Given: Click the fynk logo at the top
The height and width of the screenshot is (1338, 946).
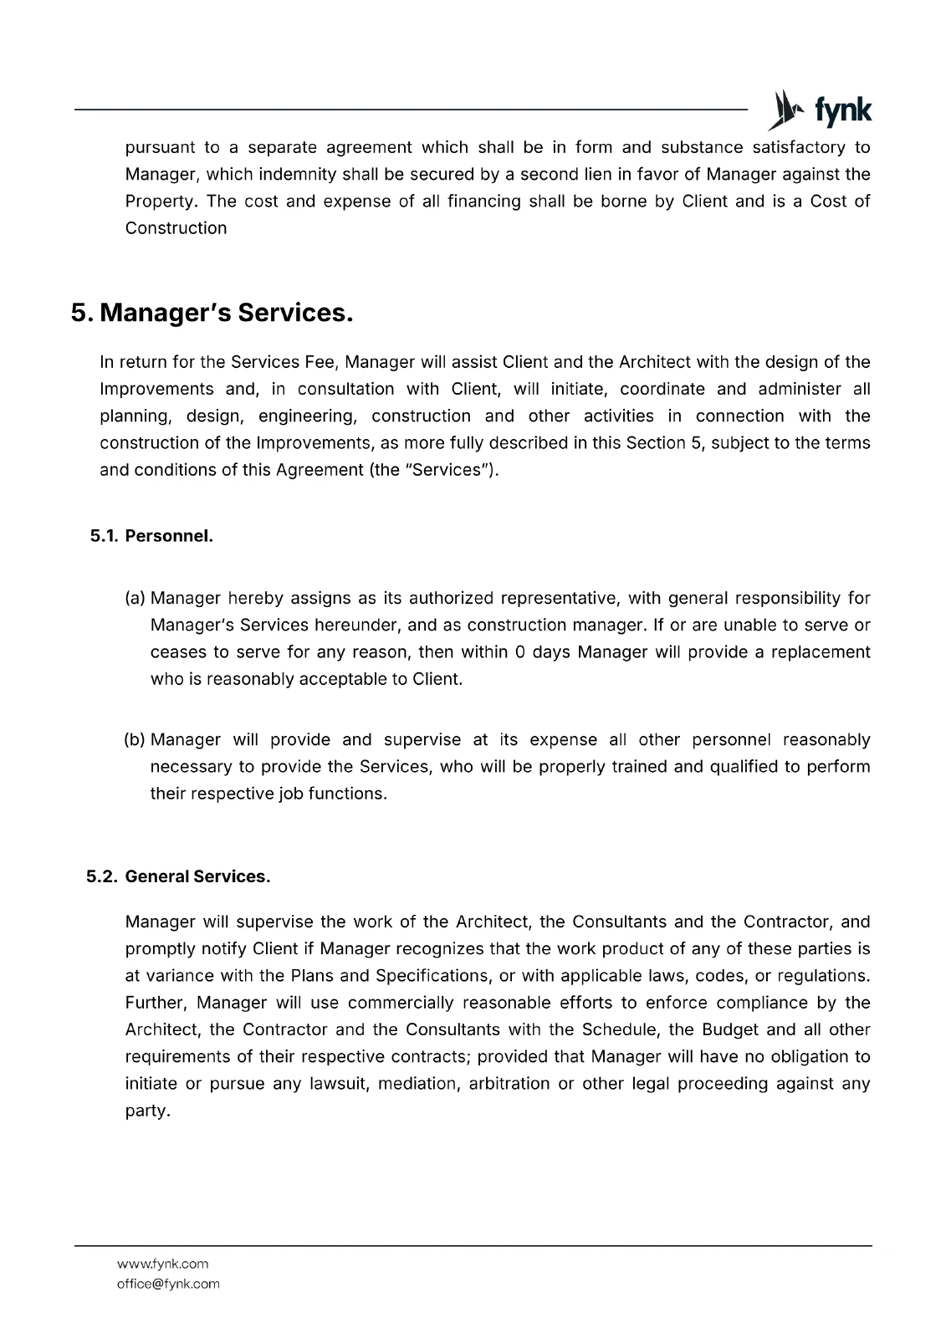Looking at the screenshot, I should click(820, 110).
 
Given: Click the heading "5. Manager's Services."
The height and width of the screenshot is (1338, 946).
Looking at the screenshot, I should click(212, 313).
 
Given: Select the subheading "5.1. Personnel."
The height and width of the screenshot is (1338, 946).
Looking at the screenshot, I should click(151, 536).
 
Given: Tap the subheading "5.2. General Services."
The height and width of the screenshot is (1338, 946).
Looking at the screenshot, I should click(178, 876).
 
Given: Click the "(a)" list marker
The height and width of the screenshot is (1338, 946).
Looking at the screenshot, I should click(135, 598).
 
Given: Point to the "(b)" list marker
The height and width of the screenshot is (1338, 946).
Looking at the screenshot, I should click(135, 739).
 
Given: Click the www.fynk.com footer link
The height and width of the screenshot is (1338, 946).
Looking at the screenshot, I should click(162, 1264).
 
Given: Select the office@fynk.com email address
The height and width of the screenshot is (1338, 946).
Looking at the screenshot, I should click(168, 1284).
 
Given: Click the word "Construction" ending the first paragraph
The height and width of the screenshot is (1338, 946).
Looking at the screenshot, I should click(176, 227).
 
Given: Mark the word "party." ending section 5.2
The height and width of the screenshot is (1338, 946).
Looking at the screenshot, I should click(147, 1111).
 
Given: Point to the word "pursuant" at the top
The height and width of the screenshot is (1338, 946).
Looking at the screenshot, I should click(161, 147).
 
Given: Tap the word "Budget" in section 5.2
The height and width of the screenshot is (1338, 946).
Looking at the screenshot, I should click(729, 1029).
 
